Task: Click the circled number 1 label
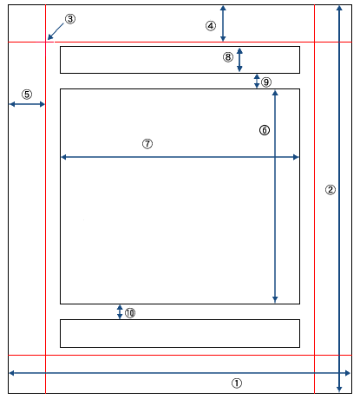tap(237, 383)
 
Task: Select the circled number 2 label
tap(331, 190)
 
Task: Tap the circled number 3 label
tap(70, 19)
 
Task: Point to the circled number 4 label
tap(211, 26)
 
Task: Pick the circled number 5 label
tap(27, 95)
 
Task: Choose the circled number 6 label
tap(265, 130)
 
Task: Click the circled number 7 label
tap(147, 144)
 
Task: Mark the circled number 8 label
tap(228, 57)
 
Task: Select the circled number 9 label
tap(266, 82)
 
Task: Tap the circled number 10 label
tap(130, 313)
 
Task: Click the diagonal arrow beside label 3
tap(56, 31)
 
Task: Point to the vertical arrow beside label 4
tap(223, 23)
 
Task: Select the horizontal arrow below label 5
tap(27, 104)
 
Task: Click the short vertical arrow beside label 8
tap(239, 60)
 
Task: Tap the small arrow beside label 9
tap(257, 82)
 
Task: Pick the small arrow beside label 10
tap(120, 312)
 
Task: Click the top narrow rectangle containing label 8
tap(180, 47)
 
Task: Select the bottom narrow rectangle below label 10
tap(180, 320)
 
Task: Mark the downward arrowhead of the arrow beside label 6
tap(275, 299)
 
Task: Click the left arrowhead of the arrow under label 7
tap(64, 157)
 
